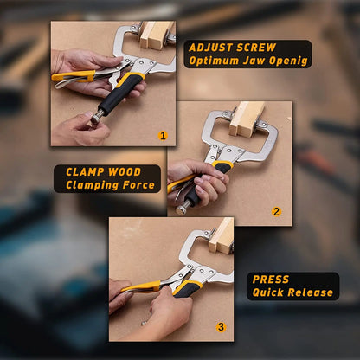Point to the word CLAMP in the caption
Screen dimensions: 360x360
click(x=85, y=172)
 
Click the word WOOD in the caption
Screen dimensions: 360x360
click(x=125, y=172)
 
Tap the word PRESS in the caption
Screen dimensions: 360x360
click(x=271, y=280)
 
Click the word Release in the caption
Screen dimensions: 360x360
click(x=311, y=292)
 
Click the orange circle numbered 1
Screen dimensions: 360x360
click(x=163, y=136)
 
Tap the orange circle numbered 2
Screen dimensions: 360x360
click(x=276, y=212)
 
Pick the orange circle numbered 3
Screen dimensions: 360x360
click(x=221, y=327)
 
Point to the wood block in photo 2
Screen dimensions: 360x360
click(x=246, y=119)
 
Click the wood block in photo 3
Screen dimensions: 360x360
click(x=222, y=236)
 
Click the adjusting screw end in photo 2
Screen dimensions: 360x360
click(x=183, y=209)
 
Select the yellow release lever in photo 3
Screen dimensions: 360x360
click(x=142, y=287)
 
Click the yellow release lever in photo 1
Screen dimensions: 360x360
click(x=73, y=76)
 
